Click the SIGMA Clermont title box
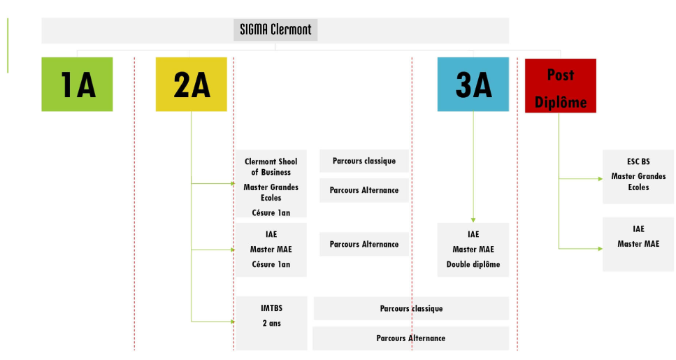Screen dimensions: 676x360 click(x=275, y=30)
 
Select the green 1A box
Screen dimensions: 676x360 click(x=77, y=85)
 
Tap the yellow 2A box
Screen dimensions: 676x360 click(x=192, y=85)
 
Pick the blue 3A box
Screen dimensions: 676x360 click(x=473, y=85)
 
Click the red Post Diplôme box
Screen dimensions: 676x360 click(x=561, y=86)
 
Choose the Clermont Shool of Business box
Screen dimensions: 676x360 click(x=271, y=184)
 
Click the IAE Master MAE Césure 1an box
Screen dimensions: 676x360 click(x=271, y=250)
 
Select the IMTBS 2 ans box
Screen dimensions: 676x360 click(x=271, y=324)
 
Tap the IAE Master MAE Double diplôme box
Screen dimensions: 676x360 click(x=473, y=250)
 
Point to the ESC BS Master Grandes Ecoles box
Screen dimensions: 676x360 click(x=638, y=177)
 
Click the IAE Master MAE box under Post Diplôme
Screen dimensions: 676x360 click(x=638, y=245)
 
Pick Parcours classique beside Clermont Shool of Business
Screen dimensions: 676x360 click(x=364, y=161)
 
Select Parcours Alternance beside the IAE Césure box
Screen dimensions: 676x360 click(x=364, y=244)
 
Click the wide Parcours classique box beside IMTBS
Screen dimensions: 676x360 click(x=411, y=308)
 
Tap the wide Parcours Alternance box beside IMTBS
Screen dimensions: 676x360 click(x=411, y=338)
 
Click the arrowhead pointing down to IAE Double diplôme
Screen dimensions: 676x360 click(x=473, y=220)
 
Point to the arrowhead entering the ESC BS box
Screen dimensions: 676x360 click(x=600, y=178)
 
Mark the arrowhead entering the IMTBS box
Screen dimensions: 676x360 click(x=233, y=322)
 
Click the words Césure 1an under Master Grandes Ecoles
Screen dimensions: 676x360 click(x=271, y=213)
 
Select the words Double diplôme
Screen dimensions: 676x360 click(x=473, y=264)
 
